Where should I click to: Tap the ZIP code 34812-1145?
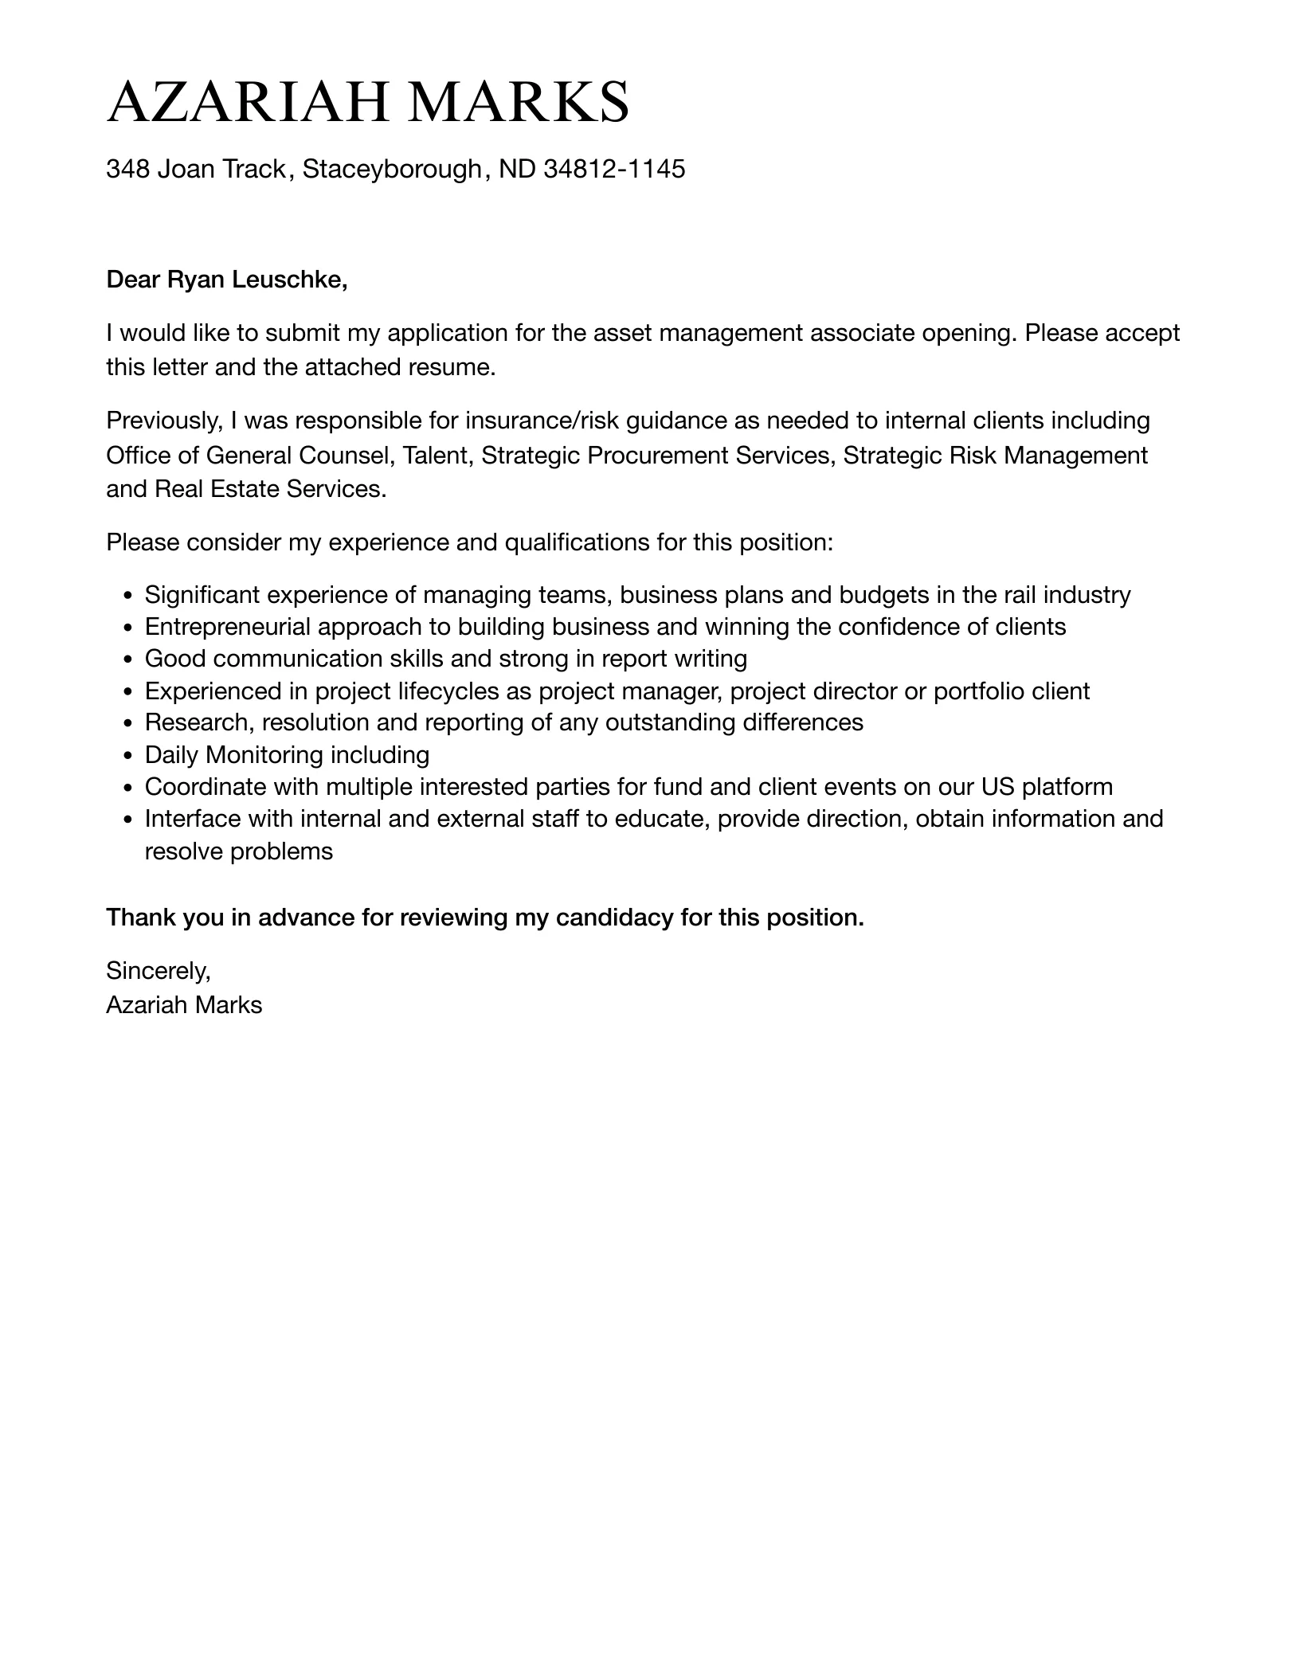coord(614,169)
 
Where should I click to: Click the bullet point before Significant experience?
coord(128,596)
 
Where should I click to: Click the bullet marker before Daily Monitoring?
coord(128,756)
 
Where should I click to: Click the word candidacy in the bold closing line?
coord(614,918)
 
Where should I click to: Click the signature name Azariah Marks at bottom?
coord(184,1005)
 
